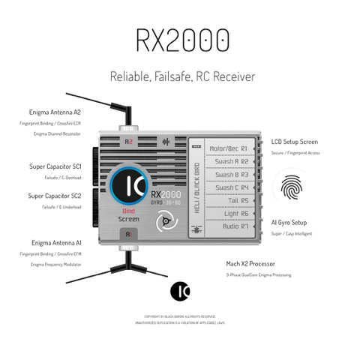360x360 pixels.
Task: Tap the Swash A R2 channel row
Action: point(231,161)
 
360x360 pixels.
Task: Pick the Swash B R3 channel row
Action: point(231,174)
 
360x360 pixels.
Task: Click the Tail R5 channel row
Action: point(231,200)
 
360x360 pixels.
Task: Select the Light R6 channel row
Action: point(231,213)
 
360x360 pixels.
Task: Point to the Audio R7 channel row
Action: point(231,226)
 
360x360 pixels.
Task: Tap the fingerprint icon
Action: point(292,187)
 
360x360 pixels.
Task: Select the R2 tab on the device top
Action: point(129,140)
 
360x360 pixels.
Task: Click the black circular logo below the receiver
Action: point(180,289)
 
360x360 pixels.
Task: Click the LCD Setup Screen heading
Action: point(293,141)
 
